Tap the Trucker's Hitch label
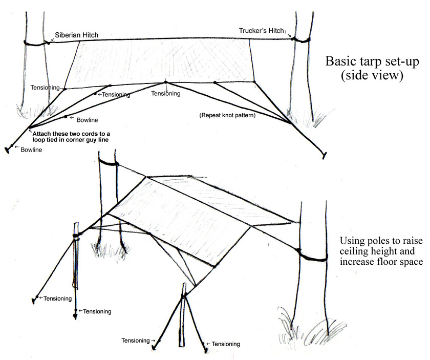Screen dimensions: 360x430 [261, 31]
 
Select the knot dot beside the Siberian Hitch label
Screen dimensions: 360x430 [49, 43]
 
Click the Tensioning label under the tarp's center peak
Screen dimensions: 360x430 [165, 93]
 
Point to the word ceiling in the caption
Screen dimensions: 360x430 [352, 251]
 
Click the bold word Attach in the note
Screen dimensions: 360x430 [42, 133]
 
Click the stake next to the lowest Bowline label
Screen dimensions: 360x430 [9, 150]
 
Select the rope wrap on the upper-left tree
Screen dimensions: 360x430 [35, 43]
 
